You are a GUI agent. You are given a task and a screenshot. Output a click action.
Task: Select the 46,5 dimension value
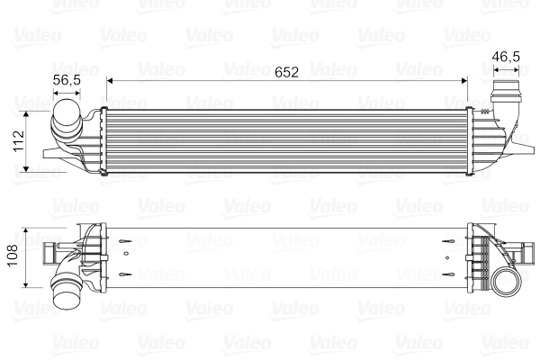click(x=506, y=56)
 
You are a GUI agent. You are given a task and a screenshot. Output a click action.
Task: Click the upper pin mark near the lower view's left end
click(x=127, y=241)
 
